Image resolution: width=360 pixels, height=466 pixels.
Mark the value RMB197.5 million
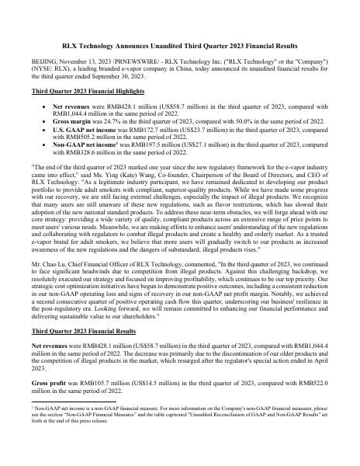142,151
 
